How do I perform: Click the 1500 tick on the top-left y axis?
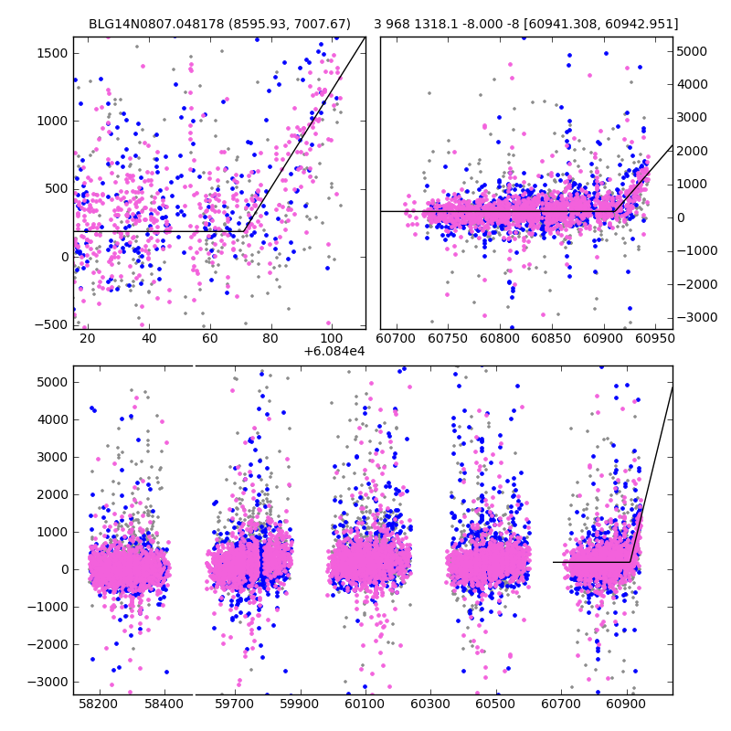pyautogui.click(x=53, y=53)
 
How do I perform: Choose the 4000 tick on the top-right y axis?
pyautogui.click(x=691, y=84)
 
